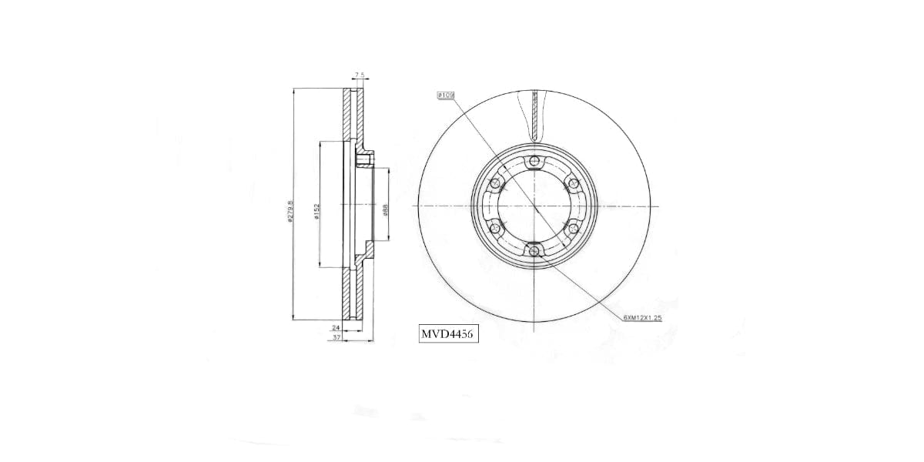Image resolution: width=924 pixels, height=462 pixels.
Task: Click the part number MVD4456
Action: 447,335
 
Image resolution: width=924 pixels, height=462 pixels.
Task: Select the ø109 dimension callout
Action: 446,95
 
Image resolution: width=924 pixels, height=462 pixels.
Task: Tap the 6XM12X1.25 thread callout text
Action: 642,316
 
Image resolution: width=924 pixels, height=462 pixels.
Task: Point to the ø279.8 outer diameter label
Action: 290,211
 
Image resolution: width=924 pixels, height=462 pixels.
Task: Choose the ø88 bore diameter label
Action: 384,209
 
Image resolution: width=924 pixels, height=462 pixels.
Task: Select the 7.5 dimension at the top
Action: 358,75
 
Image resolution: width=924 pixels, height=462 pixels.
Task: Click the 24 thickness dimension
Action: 336,327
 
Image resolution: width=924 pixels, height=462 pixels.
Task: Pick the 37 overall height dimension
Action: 336,336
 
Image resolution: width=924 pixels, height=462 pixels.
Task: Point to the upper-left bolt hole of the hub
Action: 495,183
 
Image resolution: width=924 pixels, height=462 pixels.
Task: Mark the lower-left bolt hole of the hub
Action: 495,229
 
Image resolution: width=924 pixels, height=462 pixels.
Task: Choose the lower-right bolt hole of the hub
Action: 573,228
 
